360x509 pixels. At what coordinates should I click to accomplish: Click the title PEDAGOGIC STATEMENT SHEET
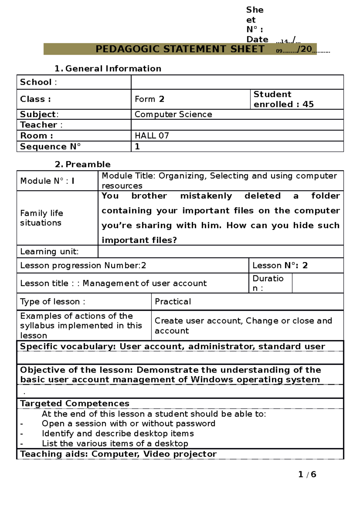pos(180,49)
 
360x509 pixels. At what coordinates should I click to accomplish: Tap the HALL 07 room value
pos(152,136)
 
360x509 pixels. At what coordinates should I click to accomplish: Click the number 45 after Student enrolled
pos(308,104)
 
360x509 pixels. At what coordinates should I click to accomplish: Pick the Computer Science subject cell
pos(173,115)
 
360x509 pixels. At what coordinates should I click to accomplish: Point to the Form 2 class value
pos(149,99)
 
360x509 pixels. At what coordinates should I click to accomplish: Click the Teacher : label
pos(41,125)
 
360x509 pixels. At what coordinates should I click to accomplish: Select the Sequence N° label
pos(50,147)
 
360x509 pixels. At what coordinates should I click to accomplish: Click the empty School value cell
pos(237,82)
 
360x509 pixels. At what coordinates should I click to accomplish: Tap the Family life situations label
pos(41,218)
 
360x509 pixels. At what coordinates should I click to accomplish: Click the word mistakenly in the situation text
pos(206,196)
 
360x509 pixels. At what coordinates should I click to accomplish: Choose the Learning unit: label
pos(49,252)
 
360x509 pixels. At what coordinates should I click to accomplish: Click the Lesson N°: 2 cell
pos(280,266)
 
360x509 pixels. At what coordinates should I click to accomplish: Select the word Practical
pos(173,302)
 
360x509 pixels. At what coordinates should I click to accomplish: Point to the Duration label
pos(268,283)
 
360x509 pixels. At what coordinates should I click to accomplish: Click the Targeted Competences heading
pos(75,403)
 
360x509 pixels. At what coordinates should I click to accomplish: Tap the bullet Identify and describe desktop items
pos(118,433)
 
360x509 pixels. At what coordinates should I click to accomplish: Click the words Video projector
pos(180,454)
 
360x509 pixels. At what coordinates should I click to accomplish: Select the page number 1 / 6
pos(307,474)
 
